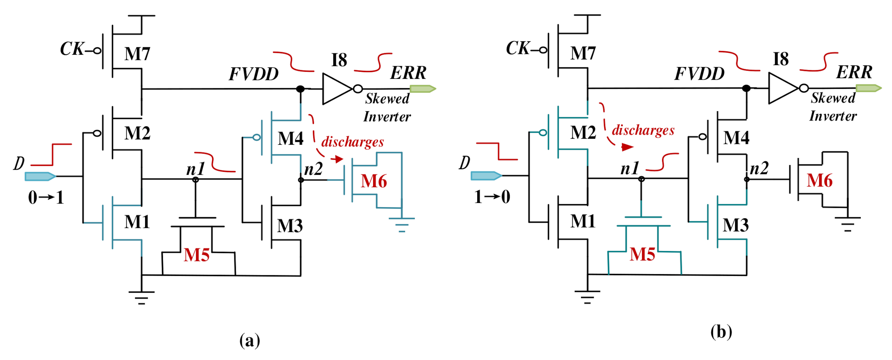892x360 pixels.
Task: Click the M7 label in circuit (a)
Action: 137,54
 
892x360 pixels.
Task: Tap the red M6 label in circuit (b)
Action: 819,181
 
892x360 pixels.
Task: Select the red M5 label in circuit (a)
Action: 197,255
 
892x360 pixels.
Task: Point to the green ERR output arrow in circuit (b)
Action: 868,88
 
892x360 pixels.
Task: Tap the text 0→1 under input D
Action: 46,197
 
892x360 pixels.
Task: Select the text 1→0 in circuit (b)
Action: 492,197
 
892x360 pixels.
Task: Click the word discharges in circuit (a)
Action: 352,142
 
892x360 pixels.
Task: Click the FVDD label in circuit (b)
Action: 699,74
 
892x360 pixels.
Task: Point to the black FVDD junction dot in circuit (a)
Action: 300,89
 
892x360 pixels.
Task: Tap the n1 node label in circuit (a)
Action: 196,169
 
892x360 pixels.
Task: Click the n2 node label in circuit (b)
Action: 759,168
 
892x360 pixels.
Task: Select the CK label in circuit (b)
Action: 518,48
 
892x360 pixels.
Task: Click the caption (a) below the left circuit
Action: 250,340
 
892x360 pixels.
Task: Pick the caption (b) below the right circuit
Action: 721,332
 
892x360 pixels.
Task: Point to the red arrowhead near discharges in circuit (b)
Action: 627,147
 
